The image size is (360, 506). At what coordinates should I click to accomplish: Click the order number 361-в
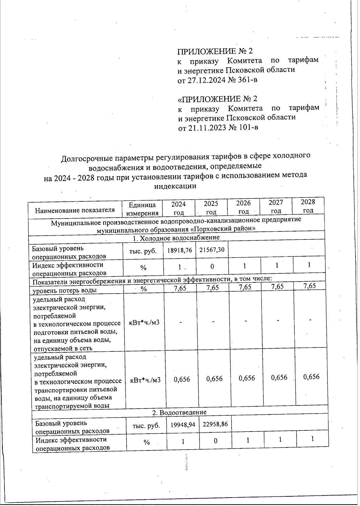pos(246,80)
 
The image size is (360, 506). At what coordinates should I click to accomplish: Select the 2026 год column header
pos(243,207)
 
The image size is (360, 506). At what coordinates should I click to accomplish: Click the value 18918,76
pos(179,250)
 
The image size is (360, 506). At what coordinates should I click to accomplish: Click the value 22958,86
pos(215,424)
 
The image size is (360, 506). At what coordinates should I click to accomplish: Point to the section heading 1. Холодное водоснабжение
pos(176,238)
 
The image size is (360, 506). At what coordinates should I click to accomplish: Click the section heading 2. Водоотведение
pos(179,412)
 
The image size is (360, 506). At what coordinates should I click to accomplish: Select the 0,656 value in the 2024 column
pos(182,379)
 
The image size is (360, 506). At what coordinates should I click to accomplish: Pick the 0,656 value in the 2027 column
pos(279,378)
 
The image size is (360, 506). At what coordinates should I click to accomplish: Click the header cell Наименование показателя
pos(75,210)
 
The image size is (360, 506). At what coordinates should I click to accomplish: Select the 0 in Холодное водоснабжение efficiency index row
pos(212,266)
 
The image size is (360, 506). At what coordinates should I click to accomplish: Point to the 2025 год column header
pos(211,208)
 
